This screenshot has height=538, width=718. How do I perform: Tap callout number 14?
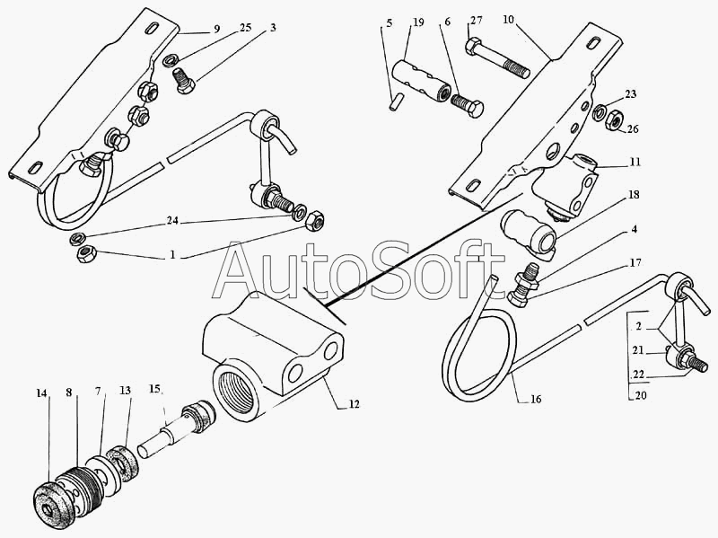coord(41,392)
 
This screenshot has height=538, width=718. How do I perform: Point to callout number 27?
coord(476,20)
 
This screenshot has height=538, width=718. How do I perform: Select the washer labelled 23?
coord(599,110)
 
